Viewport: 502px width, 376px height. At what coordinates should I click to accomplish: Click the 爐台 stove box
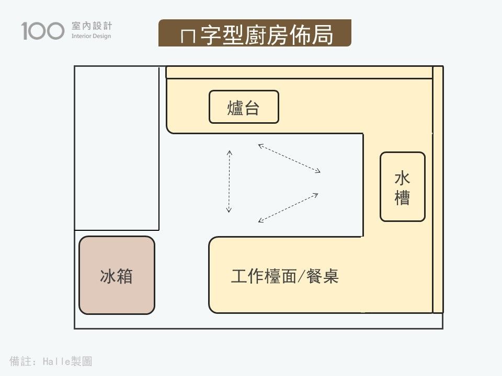point(244,107)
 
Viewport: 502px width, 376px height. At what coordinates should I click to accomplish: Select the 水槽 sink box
point(402,186)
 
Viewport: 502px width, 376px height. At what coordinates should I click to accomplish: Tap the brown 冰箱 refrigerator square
point(117,275)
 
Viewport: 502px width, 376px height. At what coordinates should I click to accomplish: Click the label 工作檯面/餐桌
point(285,276)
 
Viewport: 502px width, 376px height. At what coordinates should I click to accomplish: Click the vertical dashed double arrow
point(229,181)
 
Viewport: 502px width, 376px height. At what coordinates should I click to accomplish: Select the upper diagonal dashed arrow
point(289,158)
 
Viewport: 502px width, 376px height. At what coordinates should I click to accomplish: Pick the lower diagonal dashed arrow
point(288,208)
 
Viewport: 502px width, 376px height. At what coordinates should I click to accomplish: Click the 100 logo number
point(43,31)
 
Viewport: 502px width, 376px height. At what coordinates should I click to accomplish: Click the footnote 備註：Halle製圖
point(51,361)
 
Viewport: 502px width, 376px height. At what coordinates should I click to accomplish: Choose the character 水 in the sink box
point(402,178)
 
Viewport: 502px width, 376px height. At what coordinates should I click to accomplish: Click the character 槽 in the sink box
point(402,197)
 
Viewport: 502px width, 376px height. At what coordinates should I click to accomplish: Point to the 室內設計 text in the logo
point(91,26)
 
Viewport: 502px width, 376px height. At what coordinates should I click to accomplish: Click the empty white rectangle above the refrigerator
point(117,148)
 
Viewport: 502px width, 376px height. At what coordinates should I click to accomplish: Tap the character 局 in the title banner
point(324,34)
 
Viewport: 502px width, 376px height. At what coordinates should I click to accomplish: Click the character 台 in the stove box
point(252,108)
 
